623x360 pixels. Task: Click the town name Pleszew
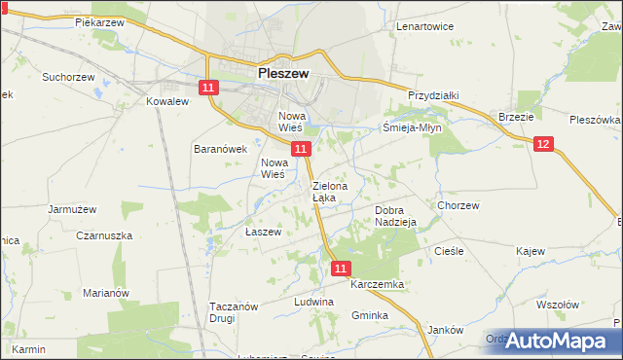(283, 71)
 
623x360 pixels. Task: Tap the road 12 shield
(543, 144)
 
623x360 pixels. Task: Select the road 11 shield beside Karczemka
(340, 268)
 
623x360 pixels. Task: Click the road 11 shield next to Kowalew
(208, 88)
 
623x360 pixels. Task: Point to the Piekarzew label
(102, 20)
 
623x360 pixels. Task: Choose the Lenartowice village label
(424, 26)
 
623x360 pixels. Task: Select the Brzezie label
(516, 116)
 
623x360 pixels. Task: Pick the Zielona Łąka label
(324, 191)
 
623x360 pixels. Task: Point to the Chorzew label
(458, 205)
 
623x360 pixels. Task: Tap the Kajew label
(531, 251)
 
